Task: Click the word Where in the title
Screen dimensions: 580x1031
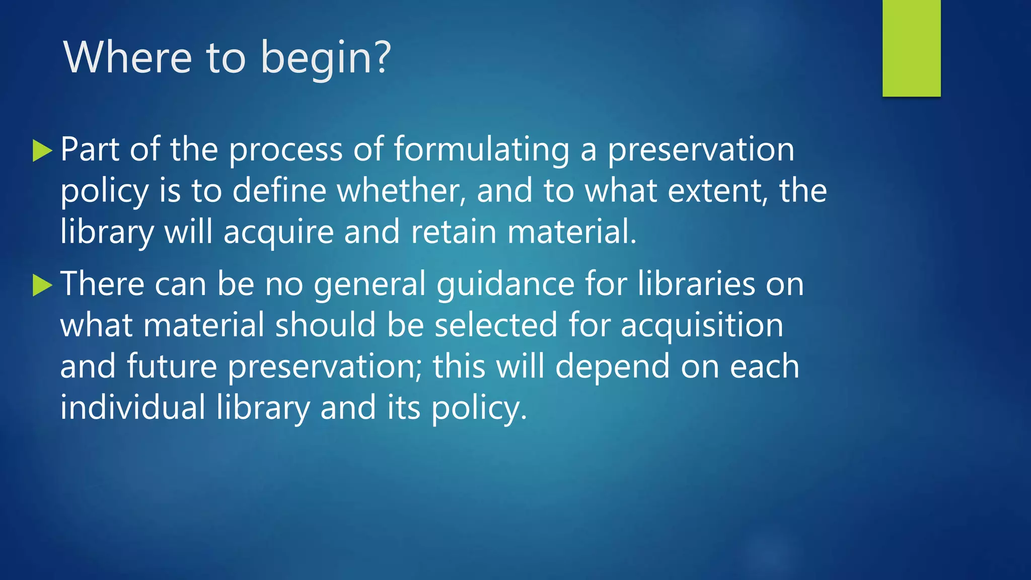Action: point(127,57)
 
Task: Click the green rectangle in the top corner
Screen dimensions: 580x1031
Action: point(911,48)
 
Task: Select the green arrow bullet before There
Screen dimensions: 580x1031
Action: point(42,285)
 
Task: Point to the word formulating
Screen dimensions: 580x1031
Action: point(481,150)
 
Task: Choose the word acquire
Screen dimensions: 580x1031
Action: point(278,233)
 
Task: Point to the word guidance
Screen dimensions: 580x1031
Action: point(505,284)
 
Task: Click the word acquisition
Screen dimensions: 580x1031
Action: point(702,326)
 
